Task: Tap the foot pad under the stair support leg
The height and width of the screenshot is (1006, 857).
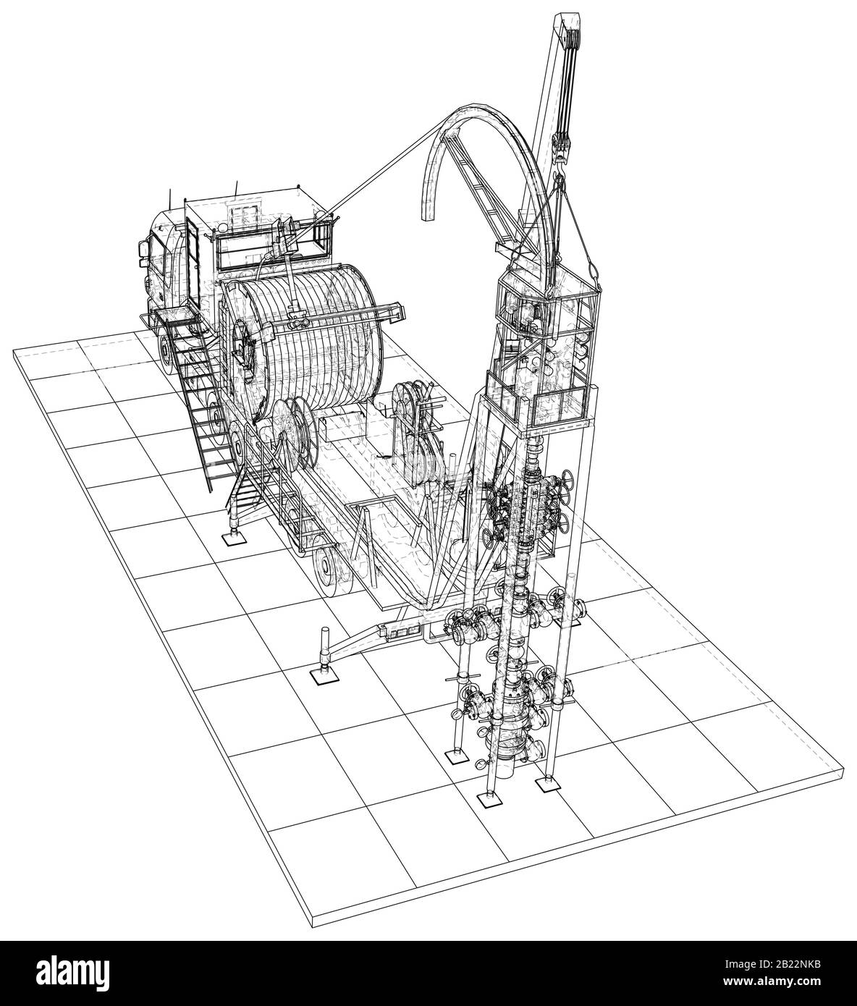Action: tap(234, 539)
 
